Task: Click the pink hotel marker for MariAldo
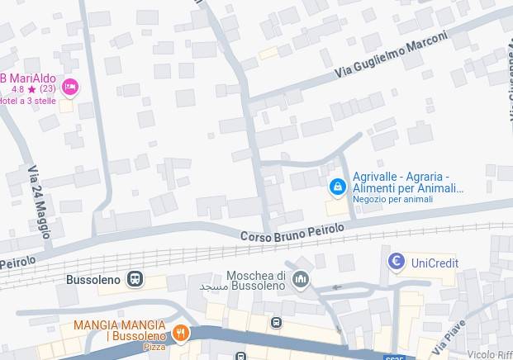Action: (70, 87)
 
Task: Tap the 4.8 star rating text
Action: (33, 88)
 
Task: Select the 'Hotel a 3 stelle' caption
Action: (26, 101)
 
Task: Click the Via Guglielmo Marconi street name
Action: (392, 55)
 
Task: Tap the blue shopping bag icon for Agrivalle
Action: (337, 187)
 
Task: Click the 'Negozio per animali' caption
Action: (392, 199)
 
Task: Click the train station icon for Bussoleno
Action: (135, 279)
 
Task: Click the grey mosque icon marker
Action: (301, 280)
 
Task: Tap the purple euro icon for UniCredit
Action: (397, 263)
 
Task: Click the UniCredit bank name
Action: (435, 263)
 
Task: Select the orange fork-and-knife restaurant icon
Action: (181, 333)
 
